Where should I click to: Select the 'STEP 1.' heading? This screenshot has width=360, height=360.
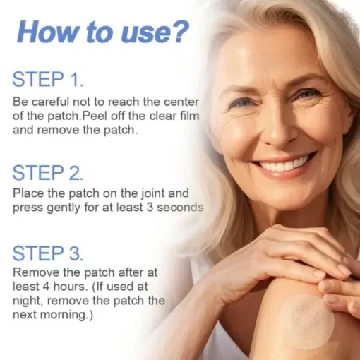[x=48, y=79]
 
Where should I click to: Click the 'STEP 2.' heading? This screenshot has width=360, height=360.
[x=48, y=173]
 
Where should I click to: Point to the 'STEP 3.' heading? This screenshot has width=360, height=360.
[x=48, y=253]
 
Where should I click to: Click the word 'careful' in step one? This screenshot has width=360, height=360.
[x=51, y=102]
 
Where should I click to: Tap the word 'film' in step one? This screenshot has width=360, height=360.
[x=189, y=116]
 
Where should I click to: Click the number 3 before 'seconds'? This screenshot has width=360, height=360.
[x=150, y=208]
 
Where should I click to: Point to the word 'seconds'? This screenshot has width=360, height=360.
[x=180, y=208]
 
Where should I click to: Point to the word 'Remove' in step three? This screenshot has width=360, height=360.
[x=36, y=272]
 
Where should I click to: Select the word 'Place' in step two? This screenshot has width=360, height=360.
[x=28, y=193]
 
